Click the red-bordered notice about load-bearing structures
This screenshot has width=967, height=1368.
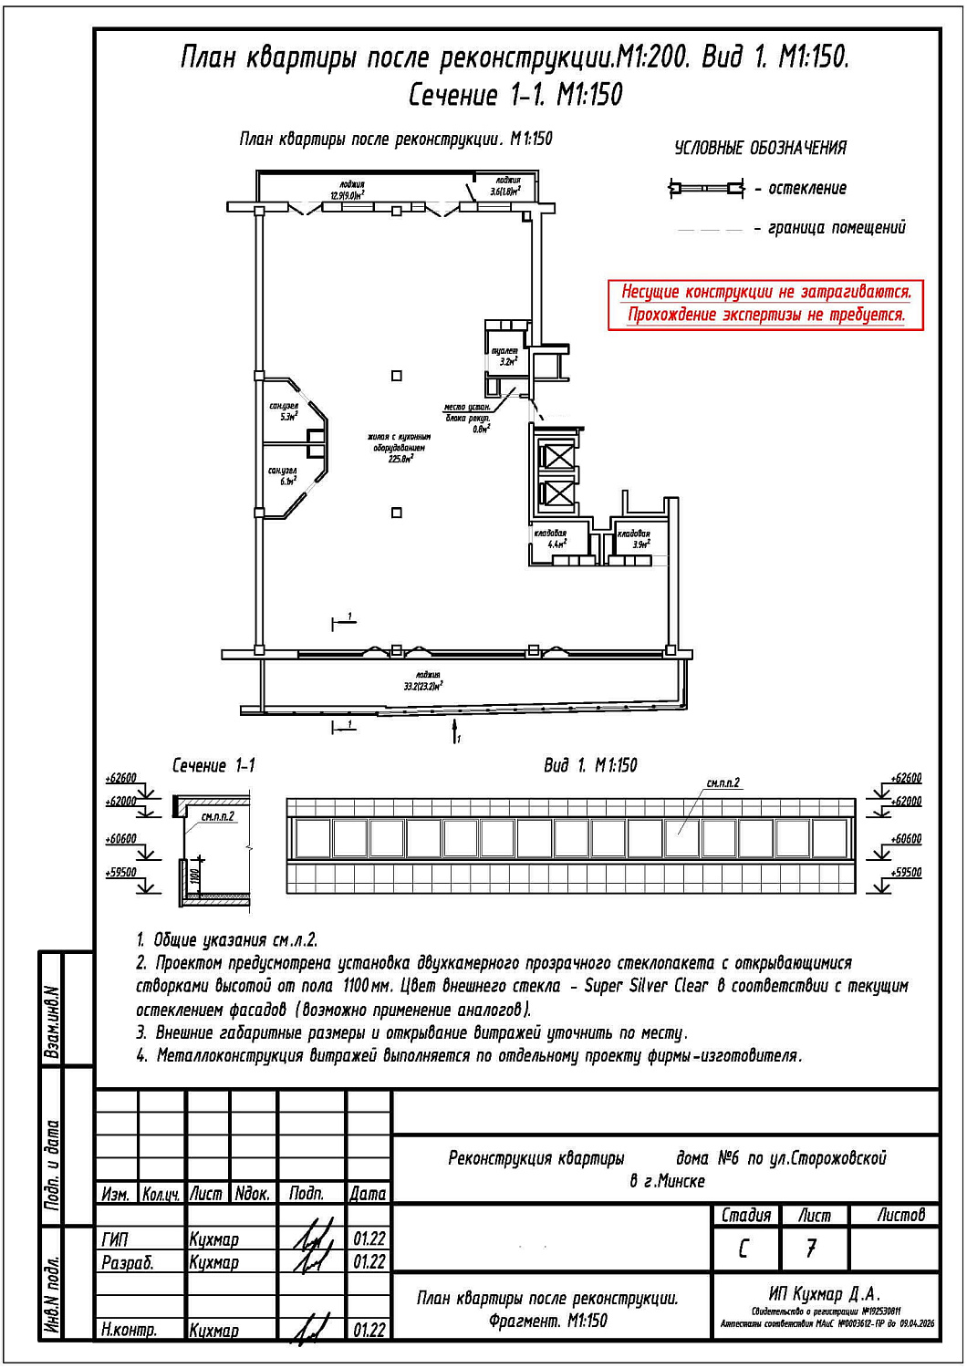(765, 304)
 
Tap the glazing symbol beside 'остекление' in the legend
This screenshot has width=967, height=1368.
(706, 189)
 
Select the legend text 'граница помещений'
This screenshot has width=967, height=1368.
(837, 228)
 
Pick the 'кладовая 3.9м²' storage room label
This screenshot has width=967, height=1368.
(634, 539)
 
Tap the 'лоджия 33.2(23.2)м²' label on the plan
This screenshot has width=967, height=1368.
(423, 680)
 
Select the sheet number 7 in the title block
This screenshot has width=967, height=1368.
(811, 1248)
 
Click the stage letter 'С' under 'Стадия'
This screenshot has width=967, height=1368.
(743, 1248)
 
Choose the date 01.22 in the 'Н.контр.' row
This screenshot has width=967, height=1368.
(369, 1330)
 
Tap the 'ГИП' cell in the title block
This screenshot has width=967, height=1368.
(116, 1239)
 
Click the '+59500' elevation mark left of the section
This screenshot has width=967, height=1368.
(121, 873)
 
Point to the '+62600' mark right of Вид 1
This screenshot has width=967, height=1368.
(906, 778)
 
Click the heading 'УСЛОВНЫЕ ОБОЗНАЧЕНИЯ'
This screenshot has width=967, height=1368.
(760, 148)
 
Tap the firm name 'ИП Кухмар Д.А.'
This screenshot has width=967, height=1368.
(825, 1294)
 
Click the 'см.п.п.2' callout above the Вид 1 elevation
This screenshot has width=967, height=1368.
(723, 782)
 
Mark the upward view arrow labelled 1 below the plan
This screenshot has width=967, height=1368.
(454, 730)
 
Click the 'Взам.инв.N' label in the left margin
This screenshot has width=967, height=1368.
(52, 1021)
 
